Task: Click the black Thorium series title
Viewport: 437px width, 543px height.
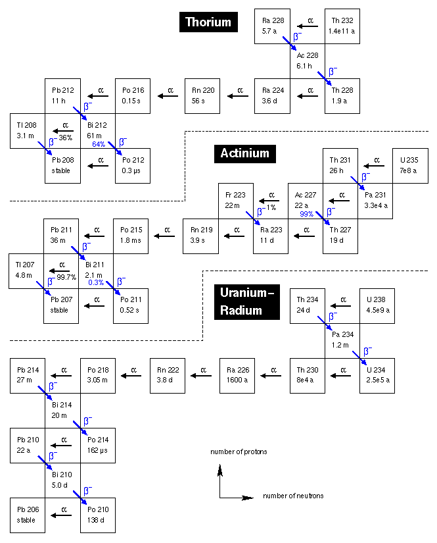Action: (x=208, y=22)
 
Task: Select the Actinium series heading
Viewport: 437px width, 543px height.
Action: (x=244, y=153)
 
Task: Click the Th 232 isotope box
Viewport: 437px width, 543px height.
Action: (x=342, y=26)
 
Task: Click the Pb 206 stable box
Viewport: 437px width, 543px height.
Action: (x=28, y=515)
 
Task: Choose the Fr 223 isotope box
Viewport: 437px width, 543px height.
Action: (x=235, y=201)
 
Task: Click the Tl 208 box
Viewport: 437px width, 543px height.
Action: (x=26, y=131)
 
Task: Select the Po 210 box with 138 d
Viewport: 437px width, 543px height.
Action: (x=97, y=515)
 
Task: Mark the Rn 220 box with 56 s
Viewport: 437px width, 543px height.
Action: (x=202, y=96)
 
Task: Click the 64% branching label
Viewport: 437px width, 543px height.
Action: (x=99, y=144)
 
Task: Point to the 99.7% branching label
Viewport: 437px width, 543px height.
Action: (x=66, y=277)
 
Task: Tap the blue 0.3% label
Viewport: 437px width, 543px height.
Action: (x=96, y=283)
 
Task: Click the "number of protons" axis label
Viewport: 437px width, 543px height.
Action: (x=239, y=452)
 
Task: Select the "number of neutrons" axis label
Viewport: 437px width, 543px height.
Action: (x=293, y=496)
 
